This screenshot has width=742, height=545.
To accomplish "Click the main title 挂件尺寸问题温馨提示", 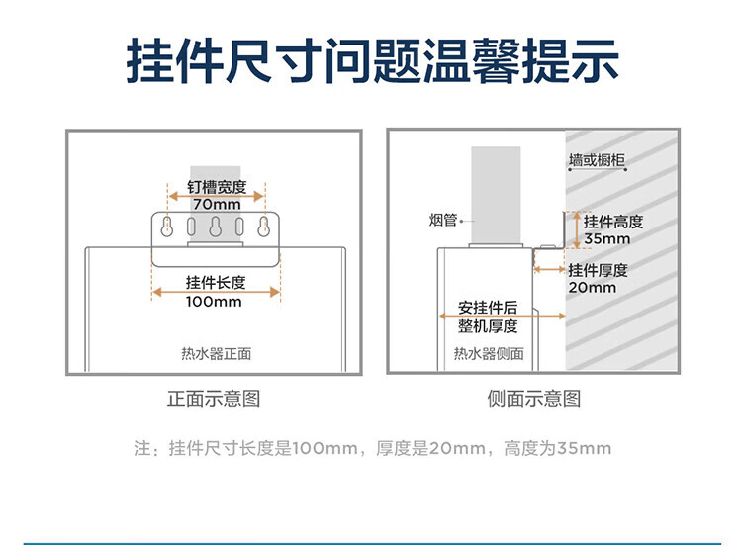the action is tap(372, 61).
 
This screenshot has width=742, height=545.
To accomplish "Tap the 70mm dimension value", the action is tap(217, 204).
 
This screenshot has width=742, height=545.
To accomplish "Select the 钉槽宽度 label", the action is tap(217, 187).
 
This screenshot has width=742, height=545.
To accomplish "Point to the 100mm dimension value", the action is tap(214, 302).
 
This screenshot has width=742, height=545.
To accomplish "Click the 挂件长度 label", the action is tap(216, 283).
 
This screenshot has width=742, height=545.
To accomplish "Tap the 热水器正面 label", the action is tap(217, 353).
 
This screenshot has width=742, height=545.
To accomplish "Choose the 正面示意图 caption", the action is tap(214, 399).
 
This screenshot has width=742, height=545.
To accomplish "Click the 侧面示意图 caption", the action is tap(534, 399).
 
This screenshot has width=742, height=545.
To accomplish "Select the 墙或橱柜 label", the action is tap(597, 160).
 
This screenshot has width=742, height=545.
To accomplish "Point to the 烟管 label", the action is tap(443, 220).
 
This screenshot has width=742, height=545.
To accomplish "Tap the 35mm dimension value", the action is tap(606, 239).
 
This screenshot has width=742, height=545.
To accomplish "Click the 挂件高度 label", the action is tap(613, 222).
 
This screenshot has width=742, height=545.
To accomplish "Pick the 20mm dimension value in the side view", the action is tap(593, 287).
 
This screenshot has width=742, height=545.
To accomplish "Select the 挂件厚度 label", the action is tap(599, 270).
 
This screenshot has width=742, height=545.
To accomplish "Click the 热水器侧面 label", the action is tap(489, 353).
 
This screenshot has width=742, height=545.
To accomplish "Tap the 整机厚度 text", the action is tap(488, 326).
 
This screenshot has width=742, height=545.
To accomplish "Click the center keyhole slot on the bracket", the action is tap(216, 227).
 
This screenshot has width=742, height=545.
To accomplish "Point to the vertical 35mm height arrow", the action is tap(577, 229).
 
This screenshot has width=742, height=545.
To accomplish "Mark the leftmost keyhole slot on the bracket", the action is tap(166, 227).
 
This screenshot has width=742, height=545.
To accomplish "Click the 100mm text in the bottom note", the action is tap(325, 448).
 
